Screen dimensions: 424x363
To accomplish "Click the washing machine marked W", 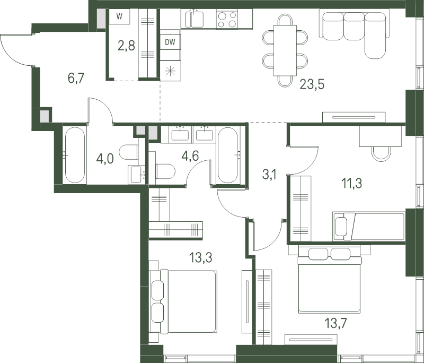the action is pyautogui.click(x=119, y=17).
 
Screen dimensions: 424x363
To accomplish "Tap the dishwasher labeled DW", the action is pyautogui.click(x=170, y=42).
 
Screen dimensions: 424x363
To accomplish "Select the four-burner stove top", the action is pyautogui.click(x=227, y=19).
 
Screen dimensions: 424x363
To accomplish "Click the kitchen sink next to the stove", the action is pyautogui.click(x=195, y=19).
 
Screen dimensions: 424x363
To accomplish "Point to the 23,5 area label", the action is pyautogui.click(x=312, y=84).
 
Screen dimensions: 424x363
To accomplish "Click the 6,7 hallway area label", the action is pyautogui.click(x=76, y=78).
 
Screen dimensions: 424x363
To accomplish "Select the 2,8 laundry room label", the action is pyautogui.click(x=126, y=46).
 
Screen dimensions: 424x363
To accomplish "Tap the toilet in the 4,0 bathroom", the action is pyautogui.click(x=129, y=152).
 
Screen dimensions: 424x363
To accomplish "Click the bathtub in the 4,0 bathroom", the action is pyautogui.click(x=75, y=155).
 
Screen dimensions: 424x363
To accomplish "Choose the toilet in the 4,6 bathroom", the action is pyautogui.click(x=165, y=171).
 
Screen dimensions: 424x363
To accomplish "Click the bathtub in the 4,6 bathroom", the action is pyautogui.click(x=228, y=155).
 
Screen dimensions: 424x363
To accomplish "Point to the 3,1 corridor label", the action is pyautogui.click(x=269, y=175).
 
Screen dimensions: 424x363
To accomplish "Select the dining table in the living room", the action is pyautogui.click(x=285, y=50).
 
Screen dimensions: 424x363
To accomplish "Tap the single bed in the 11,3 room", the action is pyautogui.click(x=369, y=227).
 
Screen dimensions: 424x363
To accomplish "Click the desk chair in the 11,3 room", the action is pyautogui.click(x=381, y=154).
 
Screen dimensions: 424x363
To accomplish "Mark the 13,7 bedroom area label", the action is pyautogui.click(x=335, y=323).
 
